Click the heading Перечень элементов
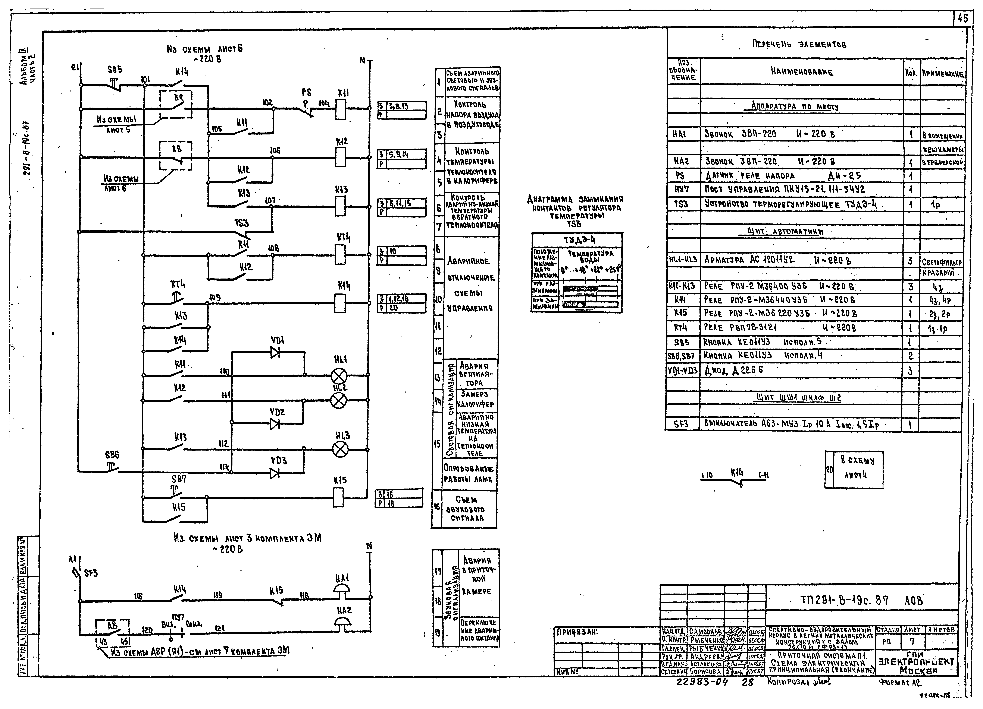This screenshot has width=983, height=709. click(799, 44)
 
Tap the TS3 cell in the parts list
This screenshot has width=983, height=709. click(681, 204)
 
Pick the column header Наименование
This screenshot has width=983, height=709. click(802, 72)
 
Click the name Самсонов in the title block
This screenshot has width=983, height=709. click(706, 632)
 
